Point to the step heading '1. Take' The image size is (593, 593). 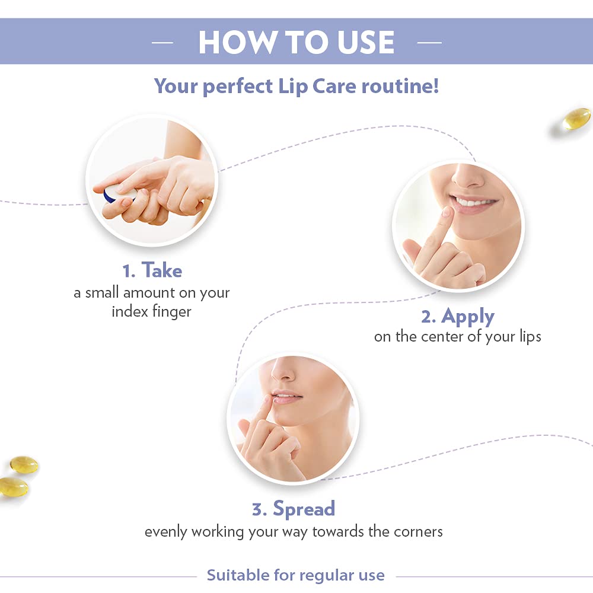click(152, 271)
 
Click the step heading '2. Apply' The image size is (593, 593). click(457, 317)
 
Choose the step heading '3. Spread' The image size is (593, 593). click(294, 509)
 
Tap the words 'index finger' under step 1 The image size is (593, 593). click(152, 311)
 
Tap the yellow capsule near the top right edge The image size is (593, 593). click(576, 119)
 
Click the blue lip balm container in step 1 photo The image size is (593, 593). click(110, 194)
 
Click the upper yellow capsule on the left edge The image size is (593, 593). click(24, 464)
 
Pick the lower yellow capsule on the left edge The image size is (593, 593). click(13, 487)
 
